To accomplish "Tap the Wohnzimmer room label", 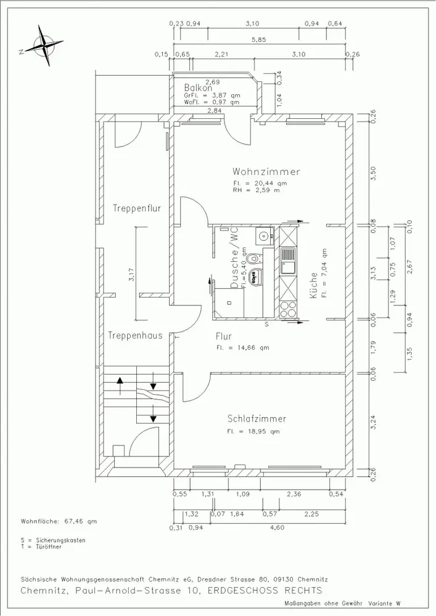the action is [x=266, y=172].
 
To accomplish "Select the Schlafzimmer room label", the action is [x=257, y=418].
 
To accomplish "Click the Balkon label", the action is [x=198, y=88].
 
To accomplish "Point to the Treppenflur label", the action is [x=137, y=208].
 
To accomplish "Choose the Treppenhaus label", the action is [x=135, y=336].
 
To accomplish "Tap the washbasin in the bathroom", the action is [x=264, y=236].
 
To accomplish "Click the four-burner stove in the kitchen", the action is [x=288, y=309].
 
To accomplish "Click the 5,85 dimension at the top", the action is [x=259, y=39].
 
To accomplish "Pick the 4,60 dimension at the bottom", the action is [x=277, y=527].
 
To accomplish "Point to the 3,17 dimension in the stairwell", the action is [x=132, y=274].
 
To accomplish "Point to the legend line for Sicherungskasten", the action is [x=53, y=540].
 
